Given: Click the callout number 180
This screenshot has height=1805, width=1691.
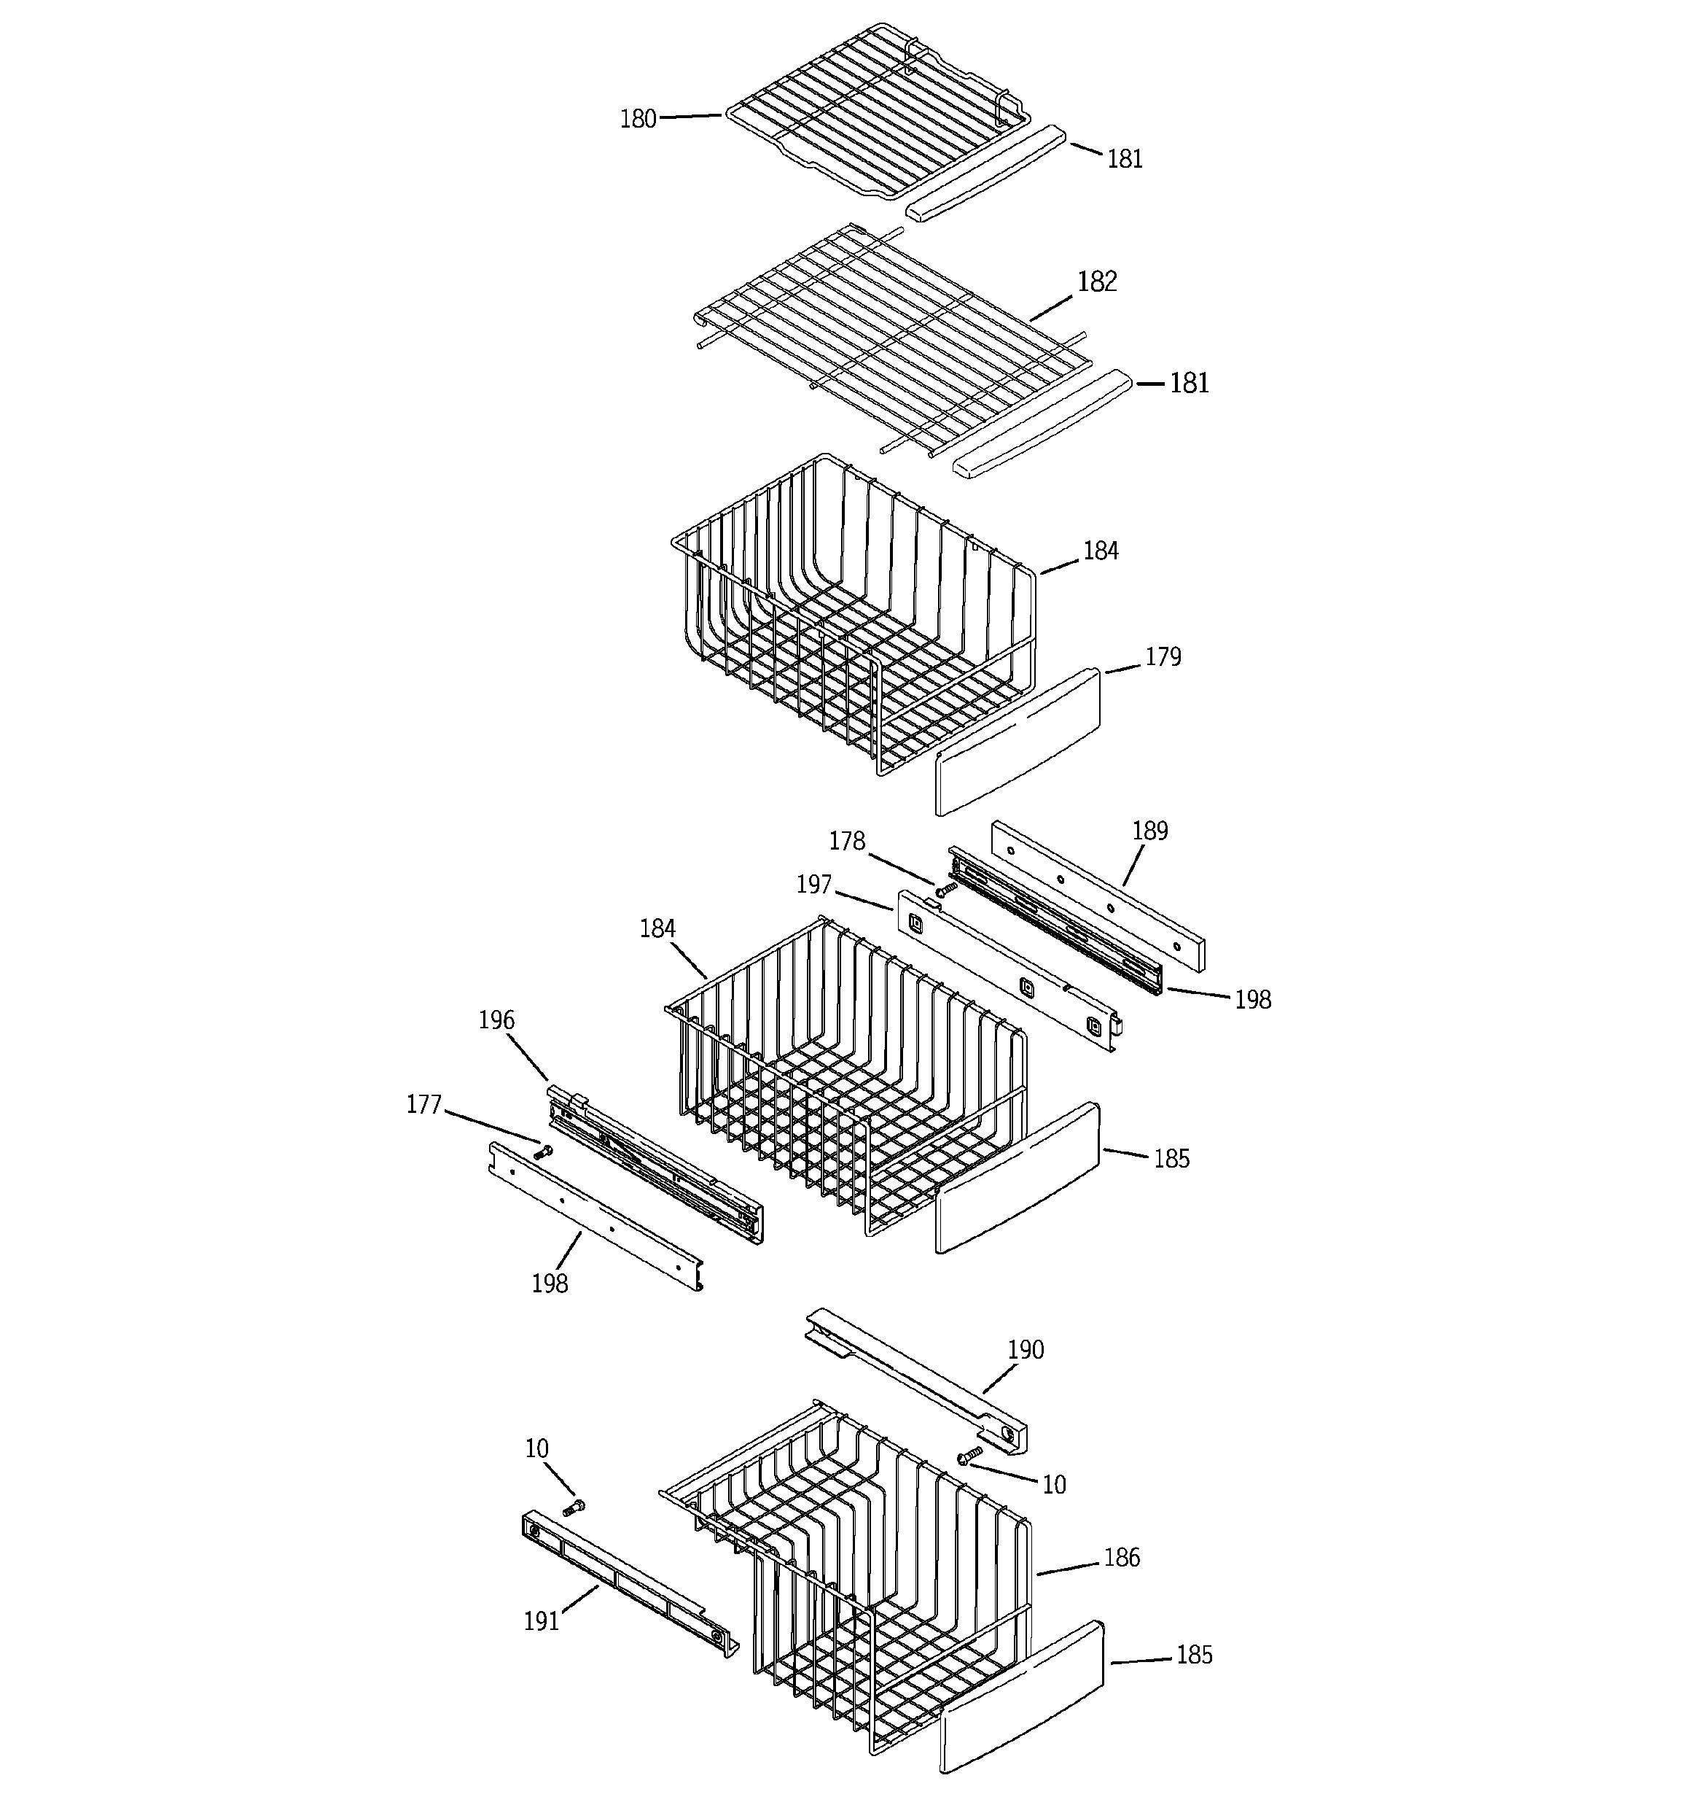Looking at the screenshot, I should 637,119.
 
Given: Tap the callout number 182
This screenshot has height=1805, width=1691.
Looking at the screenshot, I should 1096,282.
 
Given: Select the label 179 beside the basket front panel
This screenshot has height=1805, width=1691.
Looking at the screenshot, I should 1163,656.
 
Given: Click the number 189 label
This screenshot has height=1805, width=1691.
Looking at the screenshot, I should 1149,831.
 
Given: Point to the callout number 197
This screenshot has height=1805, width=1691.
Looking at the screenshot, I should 813,885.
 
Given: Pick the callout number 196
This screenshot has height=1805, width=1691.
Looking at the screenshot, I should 496,1020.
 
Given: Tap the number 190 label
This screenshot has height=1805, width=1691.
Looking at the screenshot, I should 1026,1350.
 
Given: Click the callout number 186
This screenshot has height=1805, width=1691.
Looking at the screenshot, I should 1121,1558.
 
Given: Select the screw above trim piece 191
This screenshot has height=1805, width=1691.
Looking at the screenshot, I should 574,1508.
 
